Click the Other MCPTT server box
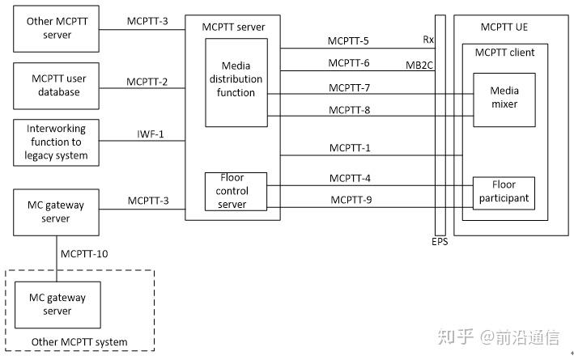point(56,28)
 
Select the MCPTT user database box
point(56,85)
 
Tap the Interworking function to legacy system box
point(56,142)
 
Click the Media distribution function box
point(236,81)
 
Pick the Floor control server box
point(236,191)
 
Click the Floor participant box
point(503,191)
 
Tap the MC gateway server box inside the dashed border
point(56,304)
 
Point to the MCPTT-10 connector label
point(84,254)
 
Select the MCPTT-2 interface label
point(147,81)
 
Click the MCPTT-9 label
point(351,200)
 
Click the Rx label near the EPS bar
point(428,39)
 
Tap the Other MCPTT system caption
point(79,342)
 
